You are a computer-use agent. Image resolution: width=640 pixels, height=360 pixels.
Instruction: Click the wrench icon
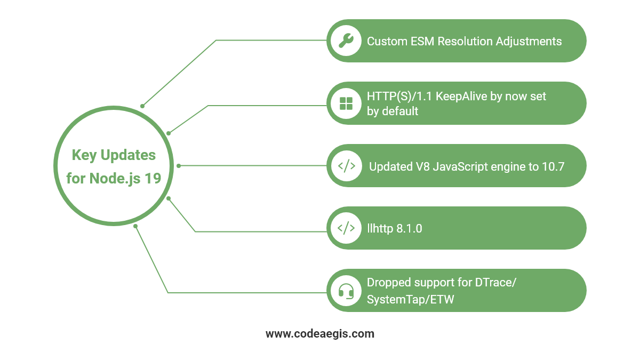pos(346,41)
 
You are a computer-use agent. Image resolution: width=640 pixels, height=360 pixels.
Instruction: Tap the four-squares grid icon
pos(346,103)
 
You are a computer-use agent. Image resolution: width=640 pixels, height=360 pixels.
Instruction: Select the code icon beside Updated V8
pos(346,166)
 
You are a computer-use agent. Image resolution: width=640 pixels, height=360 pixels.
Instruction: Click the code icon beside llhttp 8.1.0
pos(346,228)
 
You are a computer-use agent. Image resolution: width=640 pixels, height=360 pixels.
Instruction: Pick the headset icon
pos(346,291)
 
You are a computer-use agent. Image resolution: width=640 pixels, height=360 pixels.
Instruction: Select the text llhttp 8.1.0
pos(395,228)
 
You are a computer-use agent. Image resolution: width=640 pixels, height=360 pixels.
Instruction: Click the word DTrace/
pos(495,283)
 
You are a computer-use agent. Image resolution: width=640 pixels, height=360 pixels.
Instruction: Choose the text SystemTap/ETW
pos(411,299)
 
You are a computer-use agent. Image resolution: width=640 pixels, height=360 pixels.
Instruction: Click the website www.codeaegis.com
pos(320,334)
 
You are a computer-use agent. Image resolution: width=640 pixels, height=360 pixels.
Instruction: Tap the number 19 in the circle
pos(153,178)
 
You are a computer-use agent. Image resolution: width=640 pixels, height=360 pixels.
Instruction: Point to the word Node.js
pos(115,178)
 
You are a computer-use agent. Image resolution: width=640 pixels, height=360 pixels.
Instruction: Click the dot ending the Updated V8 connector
pos(179,166)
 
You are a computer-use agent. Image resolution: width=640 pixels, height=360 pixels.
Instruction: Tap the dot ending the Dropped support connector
pos(135,226)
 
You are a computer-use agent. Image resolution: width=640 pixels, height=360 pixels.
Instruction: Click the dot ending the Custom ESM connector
pos(142,106)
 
